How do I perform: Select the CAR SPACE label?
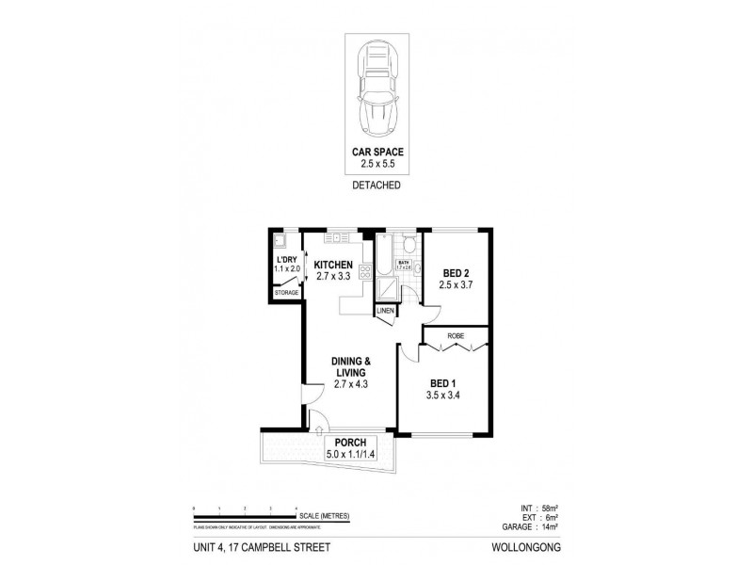[x=376, y=152]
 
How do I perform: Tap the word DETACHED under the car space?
[x=376, y=186]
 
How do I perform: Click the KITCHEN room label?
[x=333, y=265]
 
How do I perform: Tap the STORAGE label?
[x=286, y=293]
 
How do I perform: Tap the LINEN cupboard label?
[x=386, y=311]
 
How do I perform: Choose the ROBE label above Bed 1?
[x=455, y=334]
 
